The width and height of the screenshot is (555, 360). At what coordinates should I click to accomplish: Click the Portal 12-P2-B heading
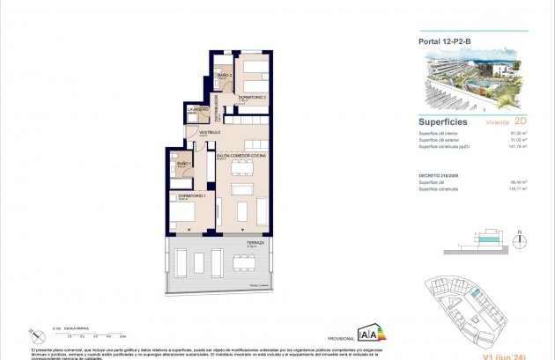(446, 40)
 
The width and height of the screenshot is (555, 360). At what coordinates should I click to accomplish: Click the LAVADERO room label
(197, 110)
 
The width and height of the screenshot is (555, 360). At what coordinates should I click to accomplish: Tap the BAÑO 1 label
(184, 164)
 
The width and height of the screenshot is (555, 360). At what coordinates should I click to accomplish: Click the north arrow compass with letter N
(520, 239)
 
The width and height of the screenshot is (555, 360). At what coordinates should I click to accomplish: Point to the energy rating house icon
(368, 334)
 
